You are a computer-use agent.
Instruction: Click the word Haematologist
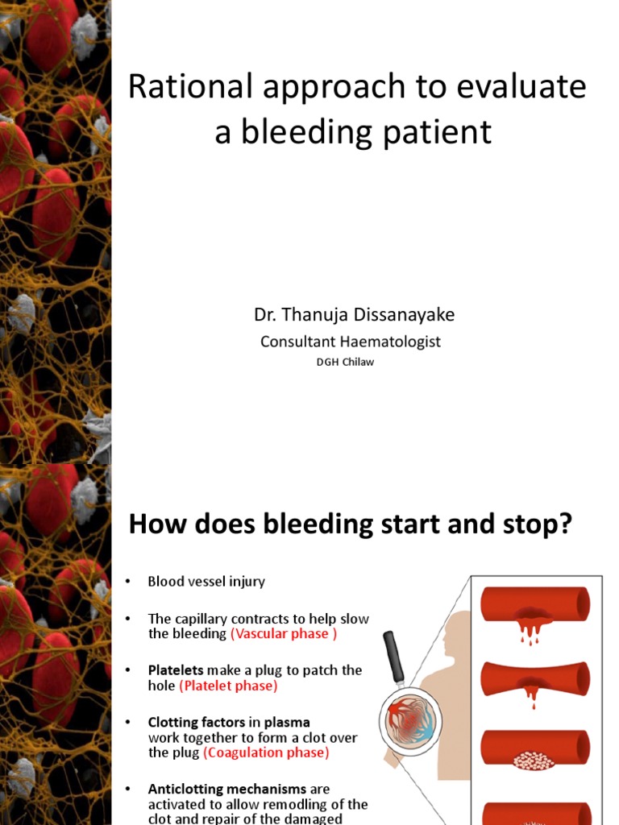[389, 342]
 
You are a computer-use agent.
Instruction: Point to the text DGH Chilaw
[345, 362]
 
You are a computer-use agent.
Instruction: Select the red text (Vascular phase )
[280, 634]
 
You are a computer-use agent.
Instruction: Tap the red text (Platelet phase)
[228, 686]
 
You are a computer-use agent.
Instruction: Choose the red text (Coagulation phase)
[266, 752]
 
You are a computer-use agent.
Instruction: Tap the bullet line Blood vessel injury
[206, 581]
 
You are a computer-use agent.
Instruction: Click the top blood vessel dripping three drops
[535, 606]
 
